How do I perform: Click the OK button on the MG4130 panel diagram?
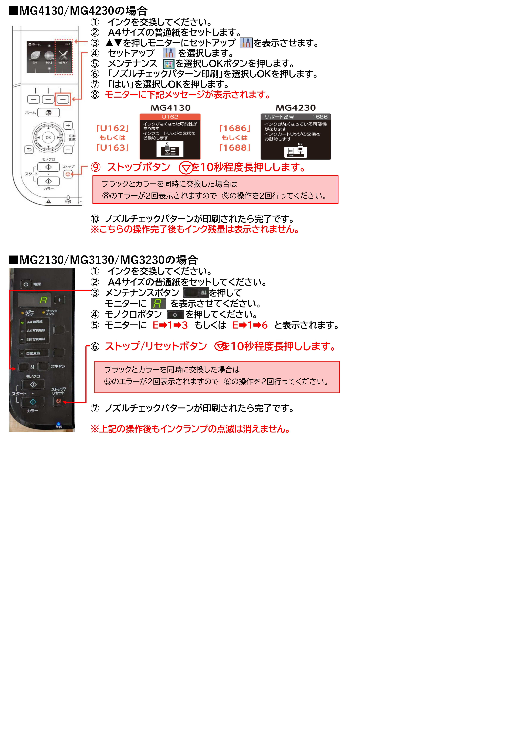coord(48,137)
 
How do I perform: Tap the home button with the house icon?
coord(48,113)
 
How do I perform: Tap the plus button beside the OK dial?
coord(68,125)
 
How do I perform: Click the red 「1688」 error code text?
coord(235,147)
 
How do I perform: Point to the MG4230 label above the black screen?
coord(295,108)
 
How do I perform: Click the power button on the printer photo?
coord(26,284)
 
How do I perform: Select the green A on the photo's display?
coord(43,300)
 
